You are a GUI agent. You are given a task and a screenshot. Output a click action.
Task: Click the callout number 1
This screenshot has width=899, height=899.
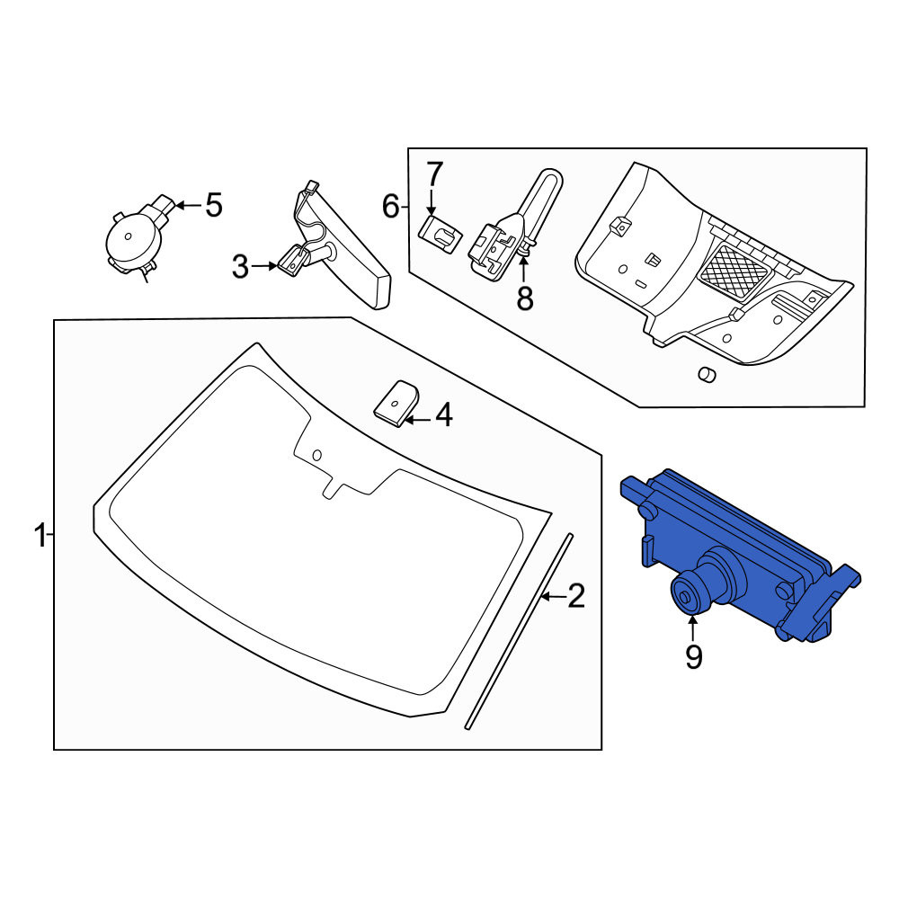click(x=40, y=535)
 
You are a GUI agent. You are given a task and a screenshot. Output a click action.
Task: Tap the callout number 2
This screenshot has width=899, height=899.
click(x=575, y=596)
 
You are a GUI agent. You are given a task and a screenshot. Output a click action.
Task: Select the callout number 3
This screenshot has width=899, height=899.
click(x=240, y=267)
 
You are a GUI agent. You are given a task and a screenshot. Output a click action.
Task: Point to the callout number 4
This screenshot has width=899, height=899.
click(x=444, y=415)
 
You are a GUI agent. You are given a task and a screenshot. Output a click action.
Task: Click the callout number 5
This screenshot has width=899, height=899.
click(x=214, y=205)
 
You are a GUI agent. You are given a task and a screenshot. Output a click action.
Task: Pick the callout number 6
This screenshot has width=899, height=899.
click(x=390, y=207)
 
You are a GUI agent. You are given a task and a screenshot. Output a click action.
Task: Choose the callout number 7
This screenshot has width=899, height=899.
click(x=433, y=175)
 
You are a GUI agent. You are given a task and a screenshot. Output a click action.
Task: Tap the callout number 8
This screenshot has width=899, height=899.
click(x=525, y=298)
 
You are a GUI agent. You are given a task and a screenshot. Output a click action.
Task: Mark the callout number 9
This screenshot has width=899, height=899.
click(x=694, y=657)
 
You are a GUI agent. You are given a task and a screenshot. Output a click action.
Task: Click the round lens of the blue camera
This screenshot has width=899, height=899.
click(x=687, y=596)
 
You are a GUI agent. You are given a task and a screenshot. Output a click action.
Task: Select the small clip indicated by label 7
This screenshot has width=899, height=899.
click(x=441, y=234)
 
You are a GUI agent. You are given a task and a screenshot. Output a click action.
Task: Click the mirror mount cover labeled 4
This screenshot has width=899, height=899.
click(x=396, y=403)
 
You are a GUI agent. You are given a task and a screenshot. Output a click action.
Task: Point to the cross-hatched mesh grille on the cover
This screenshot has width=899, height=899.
click(x=734, y=273)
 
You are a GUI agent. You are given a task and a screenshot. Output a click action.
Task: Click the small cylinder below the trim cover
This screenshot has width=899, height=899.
click(x=707, y=374)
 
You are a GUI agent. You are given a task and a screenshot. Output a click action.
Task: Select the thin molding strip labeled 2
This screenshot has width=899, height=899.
click(x=520, y=632)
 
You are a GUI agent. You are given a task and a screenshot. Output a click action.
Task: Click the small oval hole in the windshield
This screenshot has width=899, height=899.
click(x=317, y=455)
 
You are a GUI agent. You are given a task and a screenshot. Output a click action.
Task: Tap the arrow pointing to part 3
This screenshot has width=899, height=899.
click(x=265, y=266)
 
